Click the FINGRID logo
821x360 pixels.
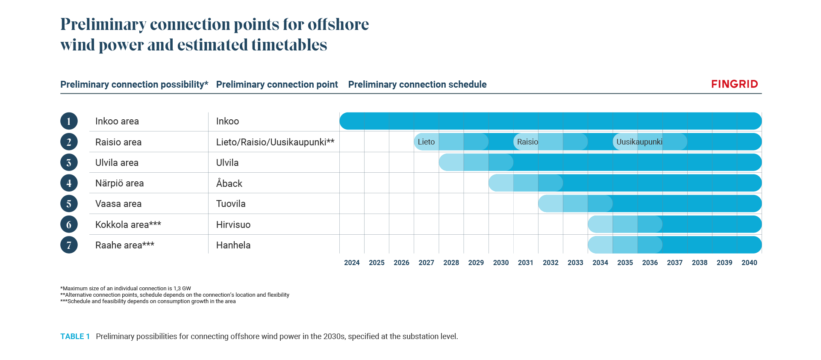(734, 84)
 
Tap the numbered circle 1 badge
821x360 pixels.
(69, 121)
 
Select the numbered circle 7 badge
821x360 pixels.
(69, 245)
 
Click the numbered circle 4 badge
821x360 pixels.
(69, 183)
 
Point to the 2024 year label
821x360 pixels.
(352, 263)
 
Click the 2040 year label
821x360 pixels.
(749, 263)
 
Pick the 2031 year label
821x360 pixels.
(525, 263)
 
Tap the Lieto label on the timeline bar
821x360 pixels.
(426, 142)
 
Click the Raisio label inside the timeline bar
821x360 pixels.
(527, 142)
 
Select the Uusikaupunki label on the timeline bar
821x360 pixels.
(639, 142)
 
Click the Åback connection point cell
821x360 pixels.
(229, 183)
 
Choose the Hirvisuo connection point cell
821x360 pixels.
(233, 224)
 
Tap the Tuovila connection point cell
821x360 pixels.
(231, 204)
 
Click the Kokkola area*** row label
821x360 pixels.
(128, 224)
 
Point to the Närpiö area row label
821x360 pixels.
(119, 183)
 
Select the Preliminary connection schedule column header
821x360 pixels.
(417, 85)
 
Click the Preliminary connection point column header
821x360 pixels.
(277, 85)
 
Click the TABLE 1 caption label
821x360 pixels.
(75, 336)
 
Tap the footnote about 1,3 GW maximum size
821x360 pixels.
(126, 289)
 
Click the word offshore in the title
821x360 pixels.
(338, 24)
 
